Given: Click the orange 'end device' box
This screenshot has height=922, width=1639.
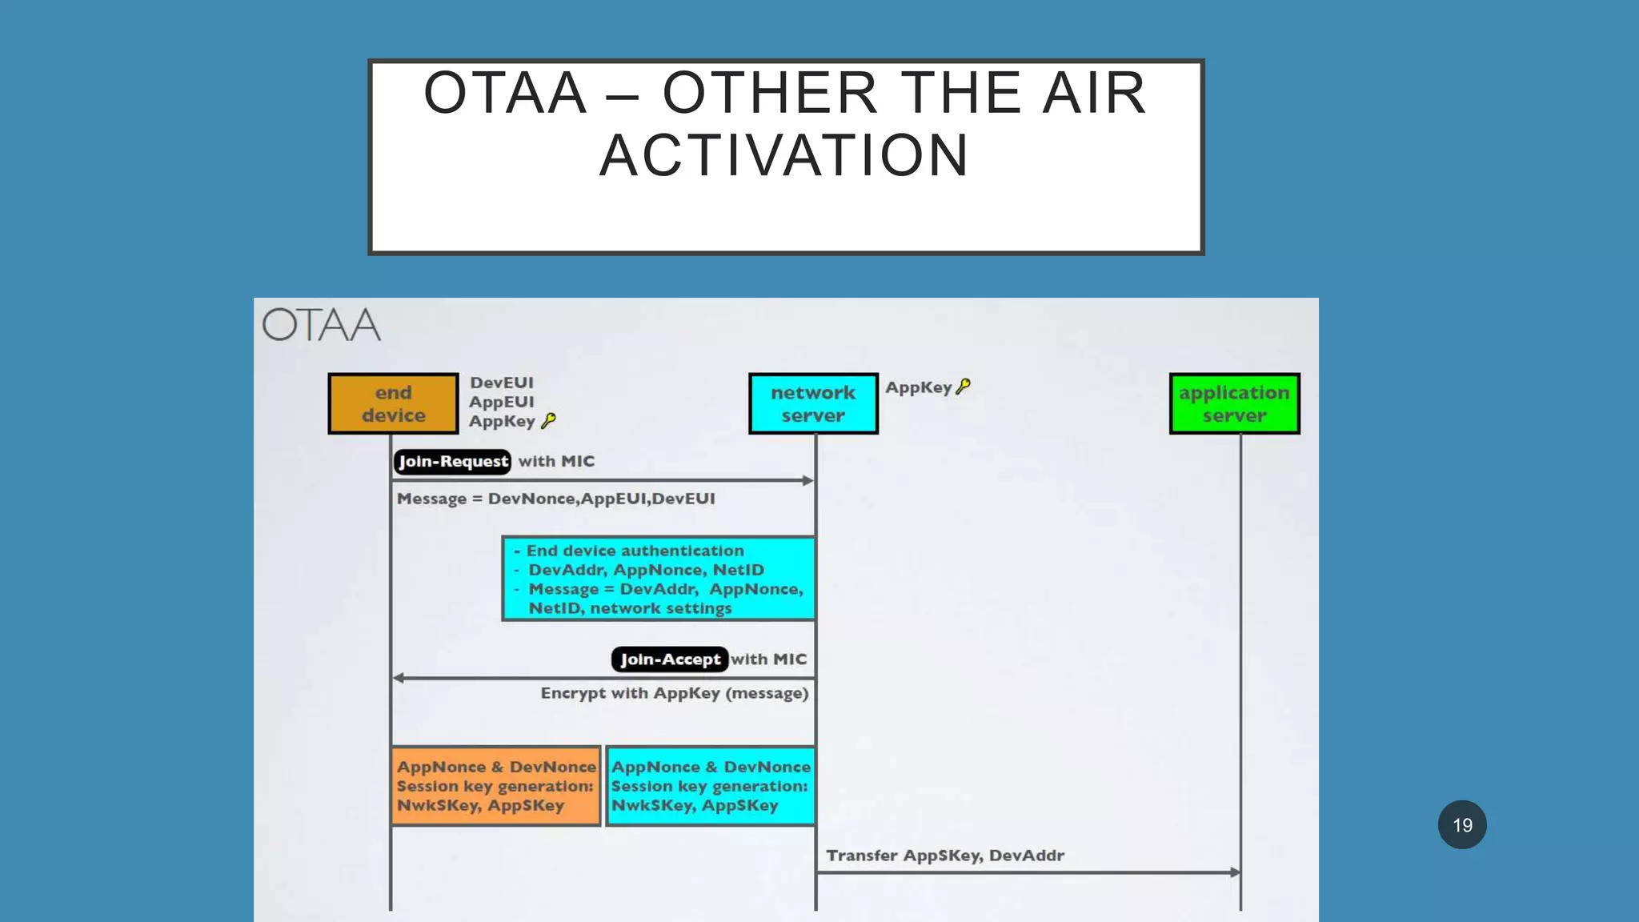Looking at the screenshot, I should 393,404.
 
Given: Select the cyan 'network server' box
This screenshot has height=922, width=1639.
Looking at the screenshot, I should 813,404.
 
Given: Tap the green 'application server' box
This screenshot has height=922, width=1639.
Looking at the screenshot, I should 1234,404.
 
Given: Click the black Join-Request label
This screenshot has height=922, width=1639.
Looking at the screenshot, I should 452,462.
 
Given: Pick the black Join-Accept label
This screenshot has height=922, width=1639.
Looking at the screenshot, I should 670,659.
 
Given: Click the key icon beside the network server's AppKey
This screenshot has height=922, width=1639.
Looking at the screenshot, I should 964,387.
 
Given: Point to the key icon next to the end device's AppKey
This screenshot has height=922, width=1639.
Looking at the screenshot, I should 548,421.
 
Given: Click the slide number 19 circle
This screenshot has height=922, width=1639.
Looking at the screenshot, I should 1462,825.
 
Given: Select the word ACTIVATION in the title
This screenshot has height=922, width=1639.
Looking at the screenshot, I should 784,155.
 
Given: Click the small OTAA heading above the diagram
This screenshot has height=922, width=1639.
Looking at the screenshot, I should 322,326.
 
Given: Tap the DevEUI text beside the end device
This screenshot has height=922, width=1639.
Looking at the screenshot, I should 502,383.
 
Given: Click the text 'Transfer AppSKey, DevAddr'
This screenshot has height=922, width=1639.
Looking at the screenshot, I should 945,856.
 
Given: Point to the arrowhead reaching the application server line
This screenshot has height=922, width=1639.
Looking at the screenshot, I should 1236,872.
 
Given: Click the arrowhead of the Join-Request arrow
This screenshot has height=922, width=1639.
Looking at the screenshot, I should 808,481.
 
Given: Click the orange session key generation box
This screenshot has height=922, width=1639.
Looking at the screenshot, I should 496,786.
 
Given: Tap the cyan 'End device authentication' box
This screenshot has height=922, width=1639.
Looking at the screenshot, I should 659,579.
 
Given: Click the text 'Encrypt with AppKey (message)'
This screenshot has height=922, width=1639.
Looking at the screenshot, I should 675,693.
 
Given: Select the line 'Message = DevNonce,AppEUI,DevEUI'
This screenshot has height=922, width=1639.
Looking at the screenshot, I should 556,499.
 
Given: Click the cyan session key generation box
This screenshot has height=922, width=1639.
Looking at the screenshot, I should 711,786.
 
